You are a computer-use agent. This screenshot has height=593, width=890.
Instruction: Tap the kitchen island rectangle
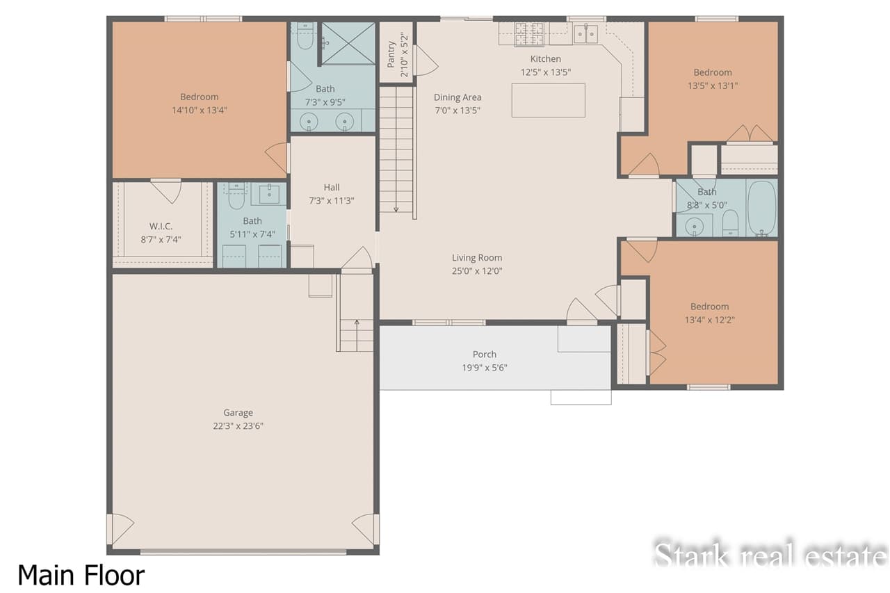pos(548,100)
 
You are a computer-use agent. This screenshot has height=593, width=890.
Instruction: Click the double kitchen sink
pos(585,33)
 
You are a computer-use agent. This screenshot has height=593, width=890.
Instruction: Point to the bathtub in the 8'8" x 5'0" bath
pos(761,208)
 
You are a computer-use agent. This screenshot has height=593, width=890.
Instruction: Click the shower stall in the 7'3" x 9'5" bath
pos(348,43)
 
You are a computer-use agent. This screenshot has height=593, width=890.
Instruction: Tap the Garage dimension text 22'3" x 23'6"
pos(238,425)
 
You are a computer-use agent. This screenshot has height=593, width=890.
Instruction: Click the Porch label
pos(485,354)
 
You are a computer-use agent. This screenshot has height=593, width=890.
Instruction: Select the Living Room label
pos(477,257)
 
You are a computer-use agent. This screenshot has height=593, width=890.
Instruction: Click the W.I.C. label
pos(161,226)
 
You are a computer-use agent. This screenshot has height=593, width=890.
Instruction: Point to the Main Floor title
pos(81,575)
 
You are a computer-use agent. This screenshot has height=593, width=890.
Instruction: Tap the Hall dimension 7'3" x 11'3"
pos(332,200)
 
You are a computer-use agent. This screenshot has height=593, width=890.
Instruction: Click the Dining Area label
pos(458,97)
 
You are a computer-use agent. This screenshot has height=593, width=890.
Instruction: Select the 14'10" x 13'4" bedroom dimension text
pos(200,110)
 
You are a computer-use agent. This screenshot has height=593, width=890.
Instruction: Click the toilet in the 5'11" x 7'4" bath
pos(236,197)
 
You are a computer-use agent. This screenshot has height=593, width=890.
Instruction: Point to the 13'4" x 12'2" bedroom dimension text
pos(710,320)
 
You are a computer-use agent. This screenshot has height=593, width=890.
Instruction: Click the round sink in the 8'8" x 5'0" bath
pos(693,226)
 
